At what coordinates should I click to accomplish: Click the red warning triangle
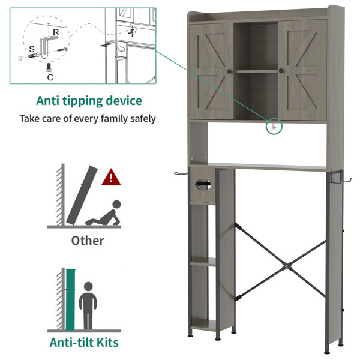111,178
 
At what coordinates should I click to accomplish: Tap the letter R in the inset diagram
56,32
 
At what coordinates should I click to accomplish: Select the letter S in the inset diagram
32,49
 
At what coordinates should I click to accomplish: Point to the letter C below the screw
50,77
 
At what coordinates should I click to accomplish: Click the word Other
88,241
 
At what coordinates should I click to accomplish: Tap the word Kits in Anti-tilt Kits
107,343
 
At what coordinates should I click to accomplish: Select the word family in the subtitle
114,119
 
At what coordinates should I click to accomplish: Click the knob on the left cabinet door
229,71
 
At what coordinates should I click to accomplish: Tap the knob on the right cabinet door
281,70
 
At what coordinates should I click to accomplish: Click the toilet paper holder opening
203,185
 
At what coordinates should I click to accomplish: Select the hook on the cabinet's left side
181,173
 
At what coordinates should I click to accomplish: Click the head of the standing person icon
88,287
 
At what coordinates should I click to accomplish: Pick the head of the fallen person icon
116,204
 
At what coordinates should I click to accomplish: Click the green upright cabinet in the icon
70,299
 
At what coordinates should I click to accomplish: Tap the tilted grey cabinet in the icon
82,195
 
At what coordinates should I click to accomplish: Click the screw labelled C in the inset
49,67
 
